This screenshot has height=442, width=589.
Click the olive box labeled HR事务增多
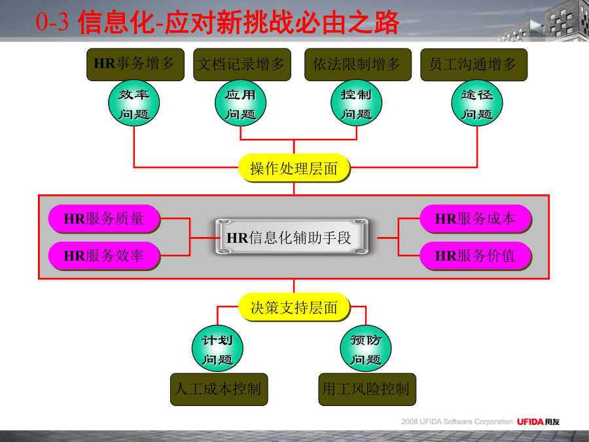(x=135, y=64)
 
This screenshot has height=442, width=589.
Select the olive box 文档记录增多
(x=242, y=64)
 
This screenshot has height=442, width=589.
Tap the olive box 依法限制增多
(x=357, y=64)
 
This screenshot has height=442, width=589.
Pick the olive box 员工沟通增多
(x=474, y=64)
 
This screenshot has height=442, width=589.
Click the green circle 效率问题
(x=134, y=103)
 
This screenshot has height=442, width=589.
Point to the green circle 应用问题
(x=240, y=103)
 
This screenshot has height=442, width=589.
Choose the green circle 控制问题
(x=357, y=103)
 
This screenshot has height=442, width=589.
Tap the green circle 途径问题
(x=477, y=103)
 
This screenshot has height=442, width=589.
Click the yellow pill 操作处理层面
(x=294, y=168)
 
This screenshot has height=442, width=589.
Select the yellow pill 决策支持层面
(x=294, y=307)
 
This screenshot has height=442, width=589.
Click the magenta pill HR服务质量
(x=104, y=219)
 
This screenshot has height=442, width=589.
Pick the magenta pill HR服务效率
(x=104, y=256)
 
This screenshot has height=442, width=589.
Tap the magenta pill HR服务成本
(x=475, y=219)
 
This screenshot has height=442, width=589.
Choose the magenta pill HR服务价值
(x=475, y=256)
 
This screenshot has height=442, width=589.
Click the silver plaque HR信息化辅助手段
(x=292, y=237)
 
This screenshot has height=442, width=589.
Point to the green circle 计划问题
(x=217, y=348)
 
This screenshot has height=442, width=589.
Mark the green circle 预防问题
(x=365, y=348)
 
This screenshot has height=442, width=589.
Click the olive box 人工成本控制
(x=219, y=390)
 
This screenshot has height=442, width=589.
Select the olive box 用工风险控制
(x=367, y=390)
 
